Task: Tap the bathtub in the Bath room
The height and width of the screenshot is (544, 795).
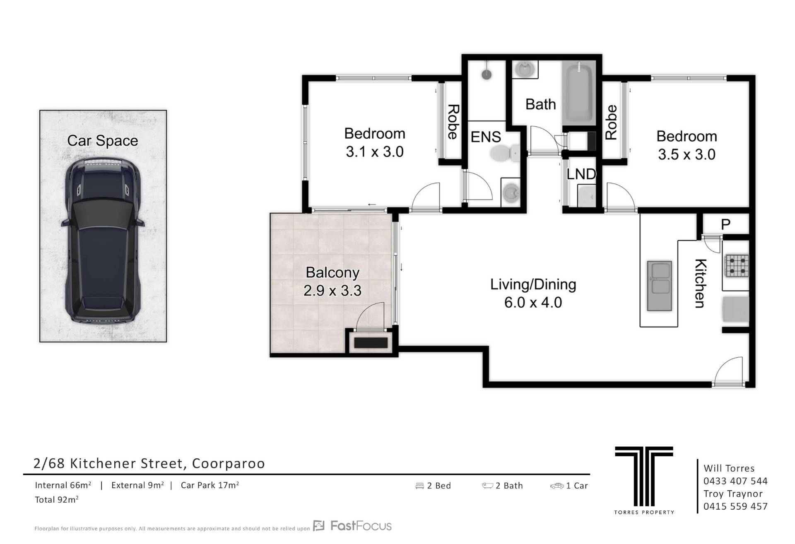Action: tap(579, 93)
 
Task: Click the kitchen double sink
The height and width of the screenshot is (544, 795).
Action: tap(659, 285)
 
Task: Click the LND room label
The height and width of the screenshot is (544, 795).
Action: tap(581, 174)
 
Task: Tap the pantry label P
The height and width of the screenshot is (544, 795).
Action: tap(725, 224)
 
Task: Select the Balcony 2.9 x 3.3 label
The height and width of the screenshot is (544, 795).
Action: tap(332, 282)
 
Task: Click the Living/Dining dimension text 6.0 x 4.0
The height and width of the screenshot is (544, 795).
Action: tap(533, 303)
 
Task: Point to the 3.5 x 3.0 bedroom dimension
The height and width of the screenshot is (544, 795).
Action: tap(687, 154)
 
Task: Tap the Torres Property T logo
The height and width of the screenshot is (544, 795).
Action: tap(644, 476)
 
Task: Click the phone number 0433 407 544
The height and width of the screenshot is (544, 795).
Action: tap(735, 481)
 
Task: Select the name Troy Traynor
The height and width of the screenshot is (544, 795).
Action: tap(733, 494)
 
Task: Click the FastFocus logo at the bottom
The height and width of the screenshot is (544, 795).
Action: tap(352, 526)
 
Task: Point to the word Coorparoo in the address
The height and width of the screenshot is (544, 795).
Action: tap(229, 464)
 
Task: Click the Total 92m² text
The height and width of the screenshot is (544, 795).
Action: tap(57, 500)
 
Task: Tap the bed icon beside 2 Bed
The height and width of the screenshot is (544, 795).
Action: tap(420, 486)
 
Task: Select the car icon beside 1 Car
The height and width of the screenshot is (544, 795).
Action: tap(557, 486)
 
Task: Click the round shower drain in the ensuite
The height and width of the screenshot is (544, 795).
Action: tap(487, 75)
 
